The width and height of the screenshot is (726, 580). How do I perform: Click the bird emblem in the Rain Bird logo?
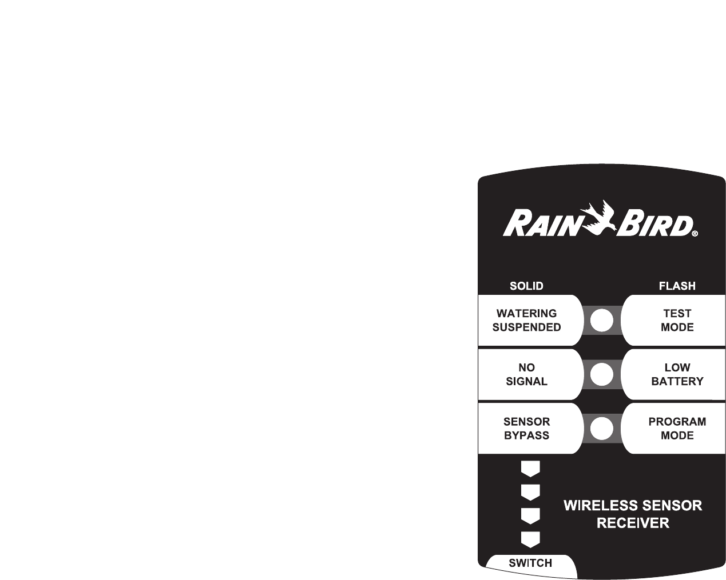(600, 217)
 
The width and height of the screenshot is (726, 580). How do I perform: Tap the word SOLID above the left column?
(526, 286)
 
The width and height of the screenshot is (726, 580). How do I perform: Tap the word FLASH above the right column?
(677, 286)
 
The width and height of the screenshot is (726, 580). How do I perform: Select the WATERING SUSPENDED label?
(526, 321)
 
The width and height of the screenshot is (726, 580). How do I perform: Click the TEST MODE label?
(677, 321)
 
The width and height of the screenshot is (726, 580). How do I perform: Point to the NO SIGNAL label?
(526, 374)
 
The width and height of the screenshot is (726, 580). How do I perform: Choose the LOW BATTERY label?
(677, 374)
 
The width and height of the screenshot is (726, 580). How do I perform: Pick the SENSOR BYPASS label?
(526, 429)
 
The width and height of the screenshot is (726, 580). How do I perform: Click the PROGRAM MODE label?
(677, 429)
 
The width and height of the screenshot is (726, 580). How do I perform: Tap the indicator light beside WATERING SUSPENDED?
(602, 321)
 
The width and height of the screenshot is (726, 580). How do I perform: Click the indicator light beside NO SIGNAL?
(602, 375)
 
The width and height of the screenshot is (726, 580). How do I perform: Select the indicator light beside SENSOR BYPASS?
(602, 429)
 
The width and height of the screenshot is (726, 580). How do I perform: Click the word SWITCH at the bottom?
(530, 563)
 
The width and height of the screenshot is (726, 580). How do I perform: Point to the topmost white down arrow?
(530, 469)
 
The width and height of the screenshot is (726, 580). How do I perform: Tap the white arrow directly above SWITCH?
(530, 539)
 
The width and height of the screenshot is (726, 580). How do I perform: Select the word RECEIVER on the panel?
(633, 523)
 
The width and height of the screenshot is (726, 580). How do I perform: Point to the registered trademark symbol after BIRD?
(695, 234)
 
